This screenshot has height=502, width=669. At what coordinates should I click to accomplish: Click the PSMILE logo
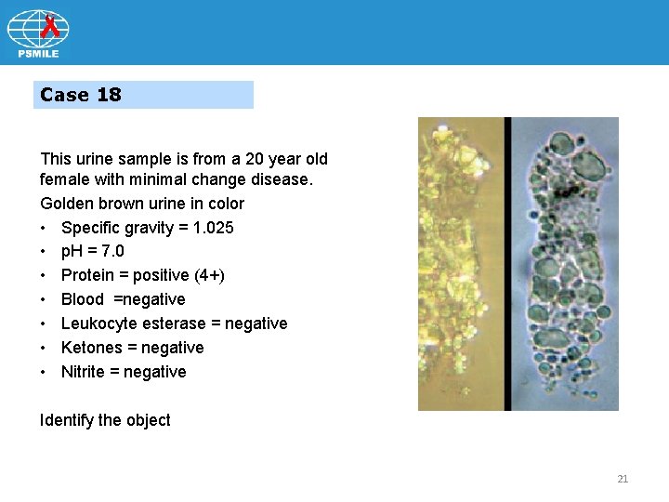(x=38, y=33)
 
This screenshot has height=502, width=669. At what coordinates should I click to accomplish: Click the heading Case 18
(x=81, y=95)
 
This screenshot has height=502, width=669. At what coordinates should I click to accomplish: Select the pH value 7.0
(x=111, y=251)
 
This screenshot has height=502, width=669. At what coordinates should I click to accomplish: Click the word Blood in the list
(x=82, y=299)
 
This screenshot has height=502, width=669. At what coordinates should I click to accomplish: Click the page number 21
(x=623, y=479)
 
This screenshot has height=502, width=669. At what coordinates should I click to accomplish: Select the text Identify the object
(x=105, y=420)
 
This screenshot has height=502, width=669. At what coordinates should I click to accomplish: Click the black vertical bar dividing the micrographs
(x=507, y=263)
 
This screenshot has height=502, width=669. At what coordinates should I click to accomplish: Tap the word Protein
(x=89, y=275)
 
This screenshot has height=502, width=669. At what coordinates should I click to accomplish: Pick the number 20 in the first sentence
(x=246, y=159)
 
